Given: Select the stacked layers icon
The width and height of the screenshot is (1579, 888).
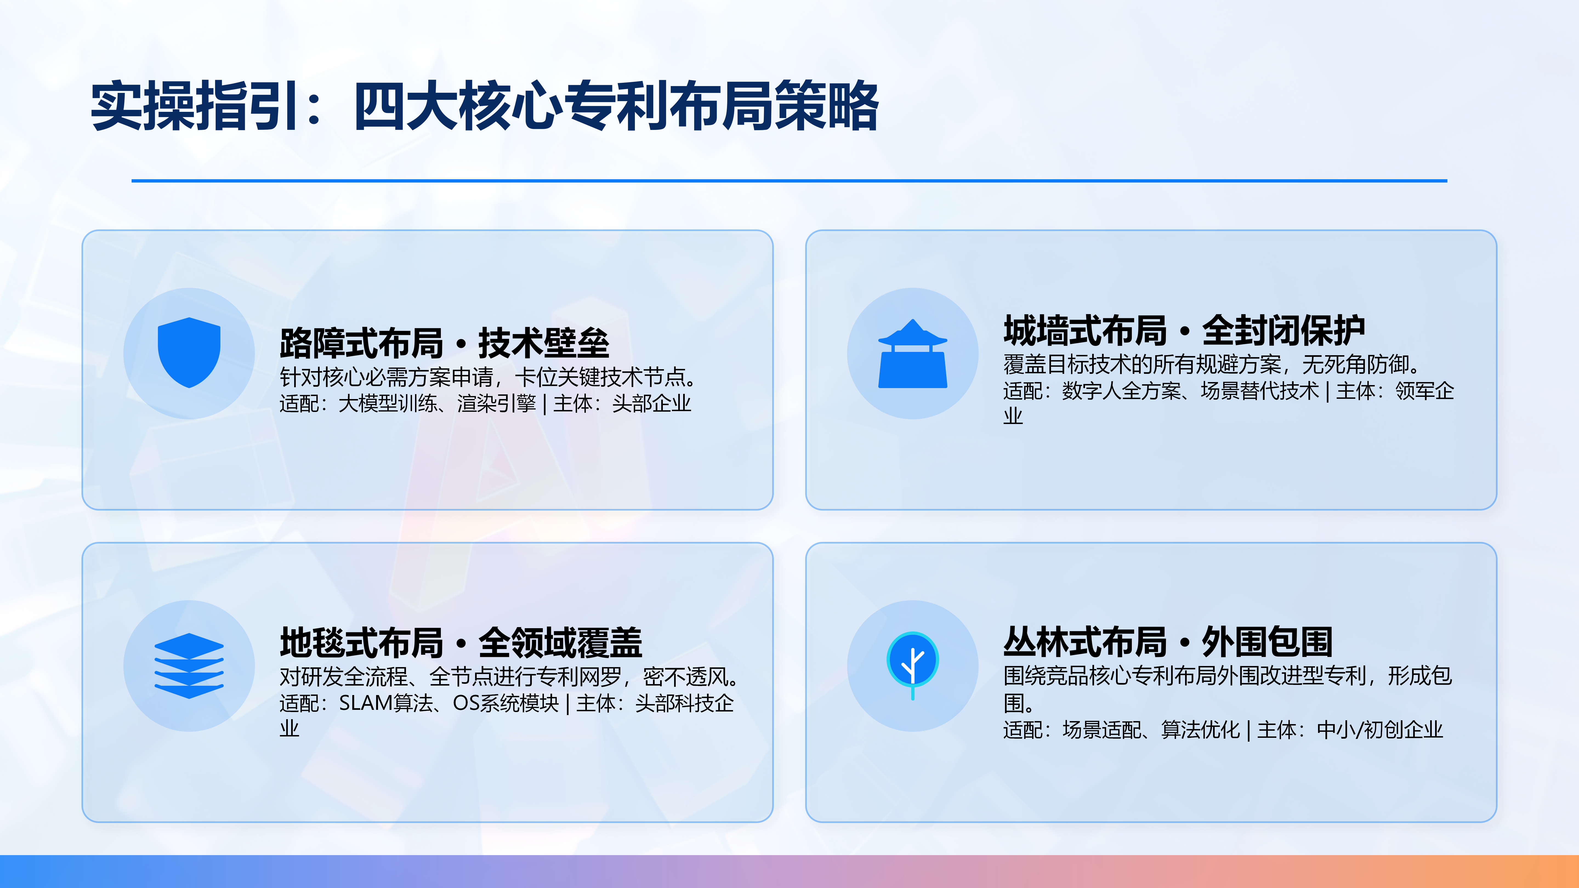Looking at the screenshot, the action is click(189, 665).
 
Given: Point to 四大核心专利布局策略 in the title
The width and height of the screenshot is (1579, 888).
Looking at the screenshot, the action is click(616, 106).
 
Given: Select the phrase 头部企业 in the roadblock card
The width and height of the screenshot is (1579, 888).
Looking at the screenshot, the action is click(652, 403).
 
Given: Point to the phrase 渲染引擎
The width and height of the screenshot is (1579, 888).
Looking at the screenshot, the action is click(496, 403).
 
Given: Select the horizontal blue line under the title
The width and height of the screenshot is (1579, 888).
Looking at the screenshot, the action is click(789, 181).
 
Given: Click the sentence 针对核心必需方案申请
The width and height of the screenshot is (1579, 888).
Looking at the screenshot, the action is click(386, 377).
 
